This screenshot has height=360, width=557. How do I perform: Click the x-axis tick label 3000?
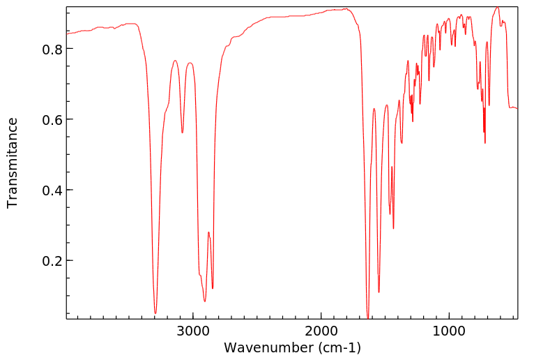(193, 330)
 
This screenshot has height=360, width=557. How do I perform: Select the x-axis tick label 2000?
(321, 330)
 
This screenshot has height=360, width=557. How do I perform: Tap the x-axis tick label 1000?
(449, 330)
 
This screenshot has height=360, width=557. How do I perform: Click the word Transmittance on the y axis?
(13, 163)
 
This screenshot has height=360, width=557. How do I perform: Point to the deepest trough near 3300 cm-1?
(155, 313)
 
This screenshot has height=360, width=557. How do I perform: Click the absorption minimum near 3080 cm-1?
(182, 133)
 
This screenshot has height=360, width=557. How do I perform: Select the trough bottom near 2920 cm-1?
(205, 301)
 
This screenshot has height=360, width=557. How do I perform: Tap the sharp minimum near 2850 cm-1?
(213, 288)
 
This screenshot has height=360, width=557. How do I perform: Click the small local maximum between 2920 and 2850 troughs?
(208, 232)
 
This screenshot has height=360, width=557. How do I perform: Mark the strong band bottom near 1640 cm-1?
(367, 318)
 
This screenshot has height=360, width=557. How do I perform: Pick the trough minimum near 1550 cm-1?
(379, 292)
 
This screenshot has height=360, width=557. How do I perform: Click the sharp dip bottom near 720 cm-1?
(485, 143)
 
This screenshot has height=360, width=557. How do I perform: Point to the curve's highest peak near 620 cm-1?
(497, 8)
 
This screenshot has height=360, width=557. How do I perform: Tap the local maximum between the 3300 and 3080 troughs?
(175, 61)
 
